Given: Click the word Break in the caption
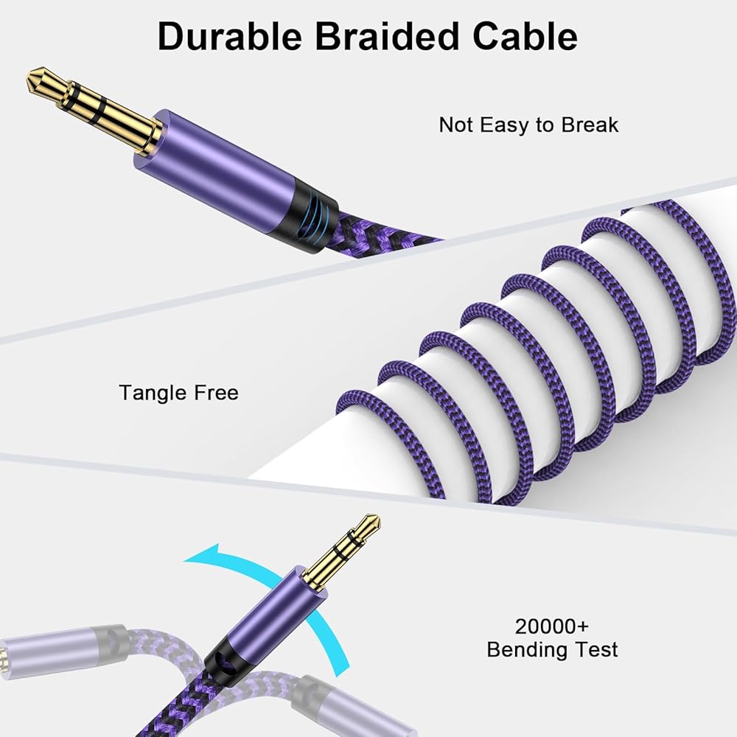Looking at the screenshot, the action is pos(590,125).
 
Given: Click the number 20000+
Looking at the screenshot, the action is pos(552,627).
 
